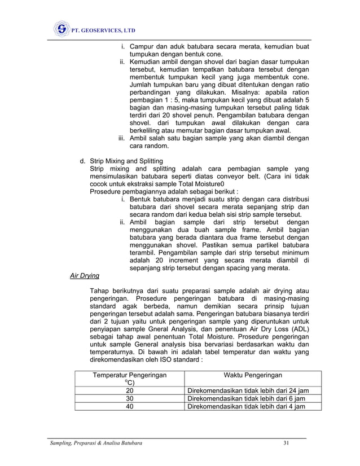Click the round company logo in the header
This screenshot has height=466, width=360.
point(61,29)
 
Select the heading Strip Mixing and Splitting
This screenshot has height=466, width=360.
point(126,161)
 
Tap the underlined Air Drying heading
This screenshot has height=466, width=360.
point(84,276)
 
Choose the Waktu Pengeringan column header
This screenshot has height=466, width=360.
point(253,375)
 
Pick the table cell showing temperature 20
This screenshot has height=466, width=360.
point(130,391)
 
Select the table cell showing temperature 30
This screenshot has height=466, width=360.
point(130,398)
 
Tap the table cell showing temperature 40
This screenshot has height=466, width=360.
point(130,406)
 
